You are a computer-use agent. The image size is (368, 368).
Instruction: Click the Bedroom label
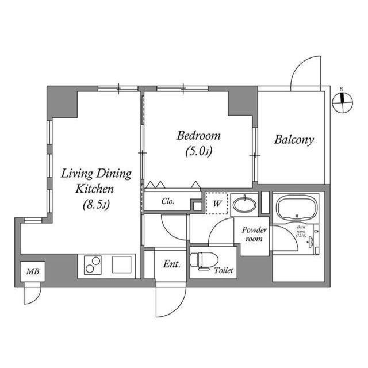198,136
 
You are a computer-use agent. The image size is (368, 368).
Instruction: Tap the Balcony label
294,140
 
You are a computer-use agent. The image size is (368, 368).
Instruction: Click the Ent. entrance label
171,264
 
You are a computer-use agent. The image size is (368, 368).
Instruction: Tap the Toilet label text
224,270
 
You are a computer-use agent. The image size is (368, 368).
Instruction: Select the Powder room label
254,234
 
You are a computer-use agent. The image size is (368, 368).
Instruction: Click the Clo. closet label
168,202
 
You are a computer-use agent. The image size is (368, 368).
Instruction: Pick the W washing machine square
218,203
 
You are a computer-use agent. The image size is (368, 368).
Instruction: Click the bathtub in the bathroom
297,208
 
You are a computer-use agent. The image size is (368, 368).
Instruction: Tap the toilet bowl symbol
202,260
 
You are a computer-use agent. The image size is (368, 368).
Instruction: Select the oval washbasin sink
244,204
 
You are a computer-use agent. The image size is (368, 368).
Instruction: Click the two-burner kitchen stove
93,266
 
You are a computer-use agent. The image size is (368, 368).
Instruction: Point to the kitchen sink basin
122,264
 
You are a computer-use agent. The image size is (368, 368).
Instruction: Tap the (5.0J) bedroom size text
199,152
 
